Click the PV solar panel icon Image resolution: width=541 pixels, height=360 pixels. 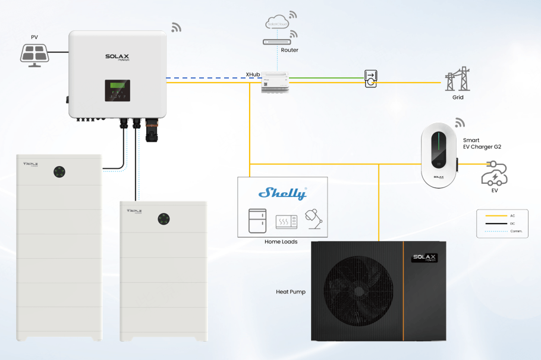34,53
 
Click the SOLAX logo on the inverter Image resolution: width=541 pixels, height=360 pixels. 118,57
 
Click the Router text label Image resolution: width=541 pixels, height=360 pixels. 290,51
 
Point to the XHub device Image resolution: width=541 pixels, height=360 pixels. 274,81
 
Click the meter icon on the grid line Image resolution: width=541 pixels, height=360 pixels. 371,79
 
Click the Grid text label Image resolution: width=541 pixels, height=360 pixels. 457,97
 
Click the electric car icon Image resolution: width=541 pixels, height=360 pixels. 494,177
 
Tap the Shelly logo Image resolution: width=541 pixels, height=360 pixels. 282,193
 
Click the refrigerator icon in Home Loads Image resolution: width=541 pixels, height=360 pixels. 257,220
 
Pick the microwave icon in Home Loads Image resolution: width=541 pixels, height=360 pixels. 286,223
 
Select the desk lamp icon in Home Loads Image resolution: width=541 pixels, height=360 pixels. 313,220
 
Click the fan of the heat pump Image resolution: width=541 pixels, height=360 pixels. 356,291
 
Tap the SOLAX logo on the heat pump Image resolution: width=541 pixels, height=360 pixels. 425,258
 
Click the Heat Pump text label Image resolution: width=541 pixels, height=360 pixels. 291,292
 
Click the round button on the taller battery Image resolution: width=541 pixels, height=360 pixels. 59,171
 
